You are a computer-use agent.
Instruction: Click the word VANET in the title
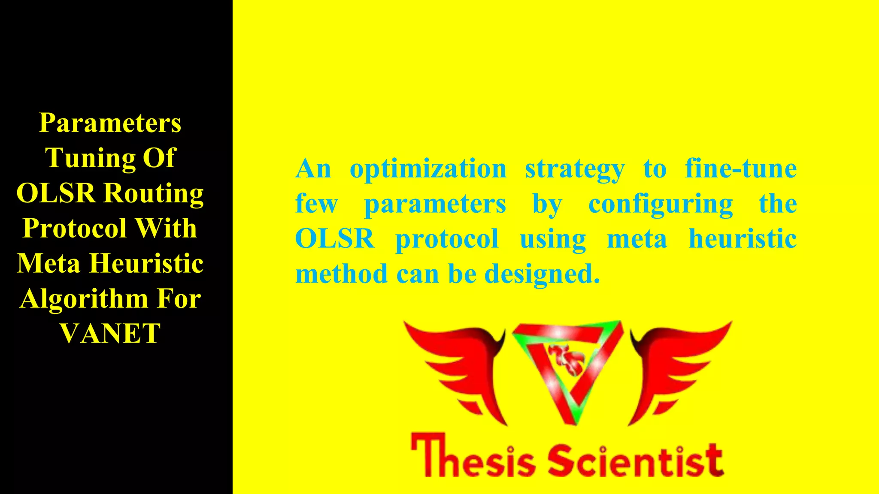(x=110, y=333)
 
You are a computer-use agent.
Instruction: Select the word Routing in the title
(x=154, y=193)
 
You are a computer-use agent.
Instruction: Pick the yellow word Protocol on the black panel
(x=74, y=228)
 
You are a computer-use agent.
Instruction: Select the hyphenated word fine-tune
(x=741, y=168)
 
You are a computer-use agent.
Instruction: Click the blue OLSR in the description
(x=335, y=238)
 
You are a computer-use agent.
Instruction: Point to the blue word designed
(x=542, y=274)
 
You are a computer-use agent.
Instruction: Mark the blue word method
(x=341, y=274)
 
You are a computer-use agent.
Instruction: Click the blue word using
(x=553, y=239)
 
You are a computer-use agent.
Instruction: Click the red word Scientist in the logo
(x=636, y=460)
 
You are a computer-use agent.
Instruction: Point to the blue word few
(x=316, y=204)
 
